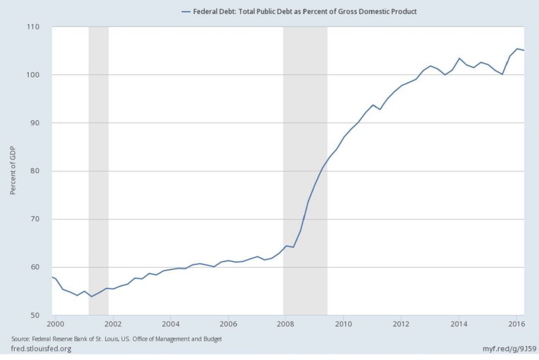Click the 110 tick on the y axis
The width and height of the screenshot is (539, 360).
[39, 27]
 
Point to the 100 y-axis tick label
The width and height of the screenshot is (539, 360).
[39, 75]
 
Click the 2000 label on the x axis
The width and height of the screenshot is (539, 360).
[55, 324]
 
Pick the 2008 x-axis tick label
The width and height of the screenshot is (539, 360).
[286, 324]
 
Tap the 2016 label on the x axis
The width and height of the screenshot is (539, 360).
[517, 324]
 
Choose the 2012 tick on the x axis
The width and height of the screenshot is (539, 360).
[401, 324]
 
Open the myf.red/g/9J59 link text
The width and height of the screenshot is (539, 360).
[509, 349]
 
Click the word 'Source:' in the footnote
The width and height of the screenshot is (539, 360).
[20, 339]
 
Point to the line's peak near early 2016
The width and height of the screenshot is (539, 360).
[517, 49]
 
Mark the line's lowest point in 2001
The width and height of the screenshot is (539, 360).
[91, 297]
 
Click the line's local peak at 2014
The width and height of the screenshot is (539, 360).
[459, 59]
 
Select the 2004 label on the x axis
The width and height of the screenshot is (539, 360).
[170, 324]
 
